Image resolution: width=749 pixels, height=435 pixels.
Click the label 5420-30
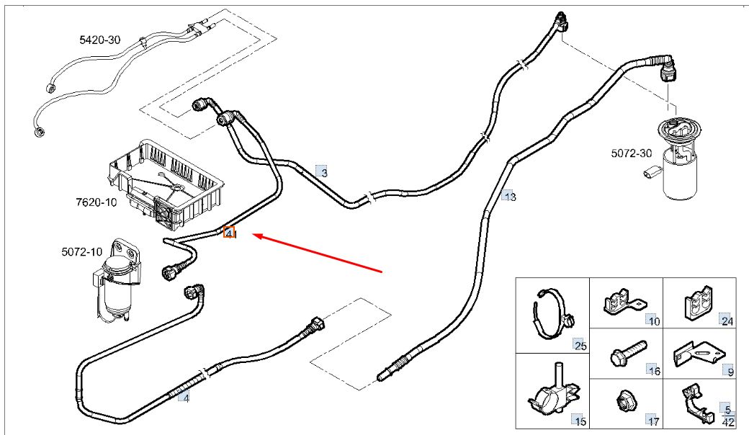100,40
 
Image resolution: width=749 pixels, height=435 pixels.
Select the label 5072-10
81,251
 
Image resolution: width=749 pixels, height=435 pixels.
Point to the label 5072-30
631,153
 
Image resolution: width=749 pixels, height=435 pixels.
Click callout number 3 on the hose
323,173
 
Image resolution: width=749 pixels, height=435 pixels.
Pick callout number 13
509,197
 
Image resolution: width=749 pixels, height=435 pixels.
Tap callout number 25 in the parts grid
580,346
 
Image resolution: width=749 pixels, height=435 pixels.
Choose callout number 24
727,322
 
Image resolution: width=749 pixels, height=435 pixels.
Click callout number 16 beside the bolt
653,372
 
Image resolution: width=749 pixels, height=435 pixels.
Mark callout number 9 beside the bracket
730,372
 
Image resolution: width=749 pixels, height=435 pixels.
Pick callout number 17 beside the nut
653,421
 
